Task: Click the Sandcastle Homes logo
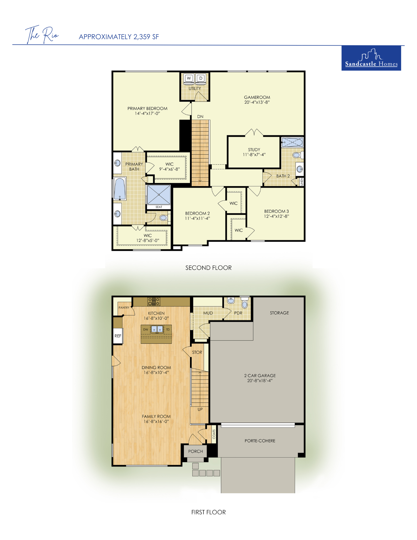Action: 371,58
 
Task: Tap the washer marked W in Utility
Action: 189,78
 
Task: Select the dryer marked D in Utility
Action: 201,78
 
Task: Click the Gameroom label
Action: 257,97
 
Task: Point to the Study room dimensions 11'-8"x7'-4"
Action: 254,155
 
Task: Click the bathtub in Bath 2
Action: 292,142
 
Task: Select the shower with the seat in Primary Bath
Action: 159,195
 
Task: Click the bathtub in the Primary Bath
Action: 120,188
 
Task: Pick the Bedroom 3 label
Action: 276,211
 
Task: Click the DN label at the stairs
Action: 200,117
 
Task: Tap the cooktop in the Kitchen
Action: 154,302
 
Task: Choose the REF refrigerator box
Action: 118,336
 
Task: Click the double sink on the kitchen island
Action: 157,329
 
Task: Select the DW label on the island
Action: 146,329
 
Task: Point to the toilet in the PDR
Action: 245,303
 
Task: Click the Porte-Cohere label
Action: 260,441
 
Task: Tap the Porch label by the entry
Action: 195,451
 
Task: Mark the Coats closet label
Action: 214,434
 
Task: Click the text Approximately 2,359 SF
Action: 119,37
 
